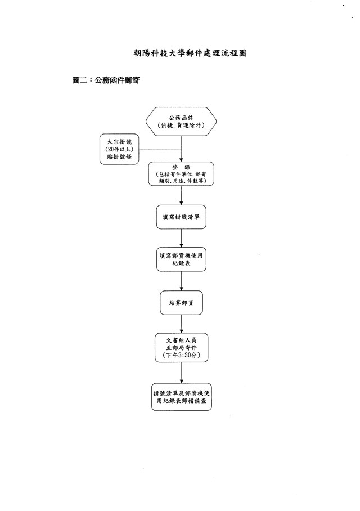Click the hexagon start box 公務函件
[181, 122]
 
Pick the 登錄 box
[181, 174]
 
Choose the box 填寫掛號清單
[181, 217]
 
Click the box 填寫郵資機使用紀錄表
[181, 259]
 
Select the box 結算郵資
[181, 302]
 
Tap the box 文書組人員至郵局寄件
[181, 348]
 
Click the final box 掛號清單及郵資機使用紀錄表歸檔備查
[181, 396]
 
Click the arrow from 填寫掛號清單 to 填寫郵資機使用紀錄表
[181, 237]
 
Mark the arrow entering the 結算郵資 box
[181, 281]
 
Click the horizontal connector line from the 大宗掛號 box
[160, 149]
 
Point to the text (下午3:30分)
[181, 357]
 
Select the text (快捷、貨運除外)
[181, 126]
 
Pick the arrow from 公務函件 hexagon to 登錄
[181, 149]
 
